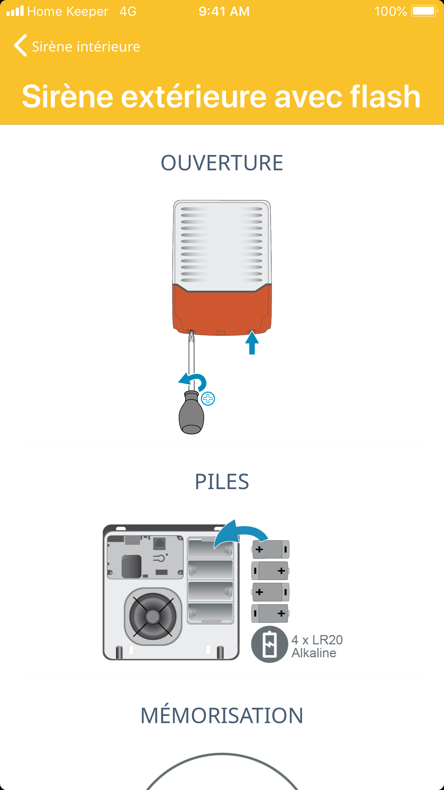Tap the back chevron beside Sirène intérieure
click(x=20, y=46)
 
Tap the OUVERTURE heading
click(x=222, y=163)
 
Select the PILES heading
click(x=222, y=482)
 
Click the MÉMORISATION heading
click(x=222, y=716)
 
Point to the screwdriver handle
click(x=191, y=415)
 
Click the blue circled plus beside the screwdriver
click(x=208, y=399)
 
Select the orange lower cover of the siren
click(x=222, y=311)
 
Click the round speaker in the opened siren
click(x=153, y=616)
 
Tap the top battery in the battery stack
click(x=270, y=550)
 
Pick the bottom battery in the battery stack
click(x=270, y=614)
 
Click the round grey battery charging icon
click(x=270, y=644)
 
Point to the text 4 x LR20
click(x=317, y=640)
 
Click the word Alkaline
click(x=314, y=653)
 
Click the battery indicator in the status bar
click(x=424, y=11)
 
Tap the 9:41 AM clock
click(x=224, y=11)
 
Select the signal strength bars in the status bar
click(x=15, y=11)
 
